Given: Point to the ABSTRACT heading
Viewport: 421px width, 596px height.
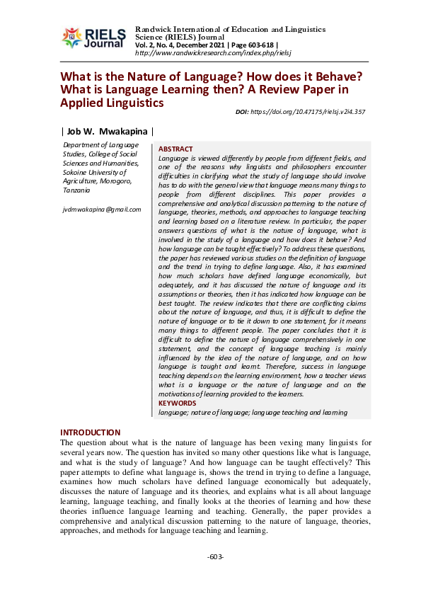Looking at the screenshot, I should click(175, 149).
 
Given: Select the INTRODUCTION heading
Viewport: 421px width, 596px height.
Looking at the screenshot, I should click(90, 432).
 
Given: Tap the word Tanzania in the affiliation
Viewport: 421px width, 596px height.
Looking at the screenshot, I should click(76, 190).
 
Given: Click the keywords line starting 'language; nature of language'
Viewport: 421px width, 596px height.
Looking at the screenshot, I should click(253, 412).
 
